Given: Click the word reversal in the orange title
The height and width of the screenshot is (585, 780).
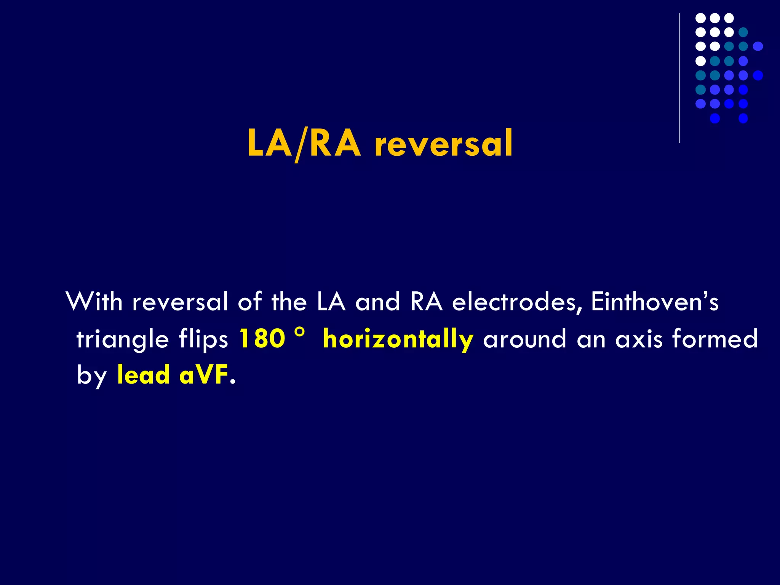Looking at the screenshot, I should [444, 144].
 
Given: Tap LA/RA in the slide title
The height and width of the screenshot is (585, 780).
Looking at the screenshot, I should [304, 144].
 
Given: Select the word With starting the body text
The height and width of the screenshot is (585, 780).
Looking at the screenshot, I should [94, 302].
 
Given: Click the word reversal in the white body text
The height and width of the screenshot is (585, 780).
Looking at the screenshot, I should [180, 302].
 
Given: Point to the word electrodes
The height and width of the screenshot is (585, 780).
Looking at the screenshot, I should [517, 302].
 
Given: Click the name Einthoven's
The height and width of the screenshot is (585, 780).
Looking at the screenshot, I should [655, 302].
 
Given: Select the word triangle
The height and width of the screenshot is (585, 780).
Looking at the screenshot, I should [122, 339].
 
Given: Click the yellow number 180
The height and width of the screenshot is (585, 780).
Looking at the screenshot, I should [262, 338].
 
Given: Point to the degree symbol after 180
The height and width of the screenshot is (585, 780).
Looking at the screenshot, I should [300, 332].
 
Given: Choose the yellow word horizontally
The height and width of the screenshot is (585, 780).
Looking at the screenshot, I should [398, 339].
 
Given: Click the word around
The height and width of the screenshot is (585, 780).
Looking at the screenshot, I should [525, 339].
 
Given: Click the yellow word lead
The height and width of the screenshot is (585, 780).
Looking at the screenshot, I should [143, 375].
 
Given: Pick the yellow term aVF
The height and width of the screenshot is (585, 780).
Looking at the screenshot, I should [203, 375].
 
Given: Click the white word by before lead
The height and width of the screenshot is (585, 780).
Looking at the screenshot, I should [91, 376].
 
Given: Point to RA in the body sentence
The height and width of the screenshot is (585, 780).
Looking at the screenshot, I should [427, 302].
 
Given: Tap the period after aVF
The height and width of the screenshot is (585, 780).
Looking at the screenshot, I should [233, 382].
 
